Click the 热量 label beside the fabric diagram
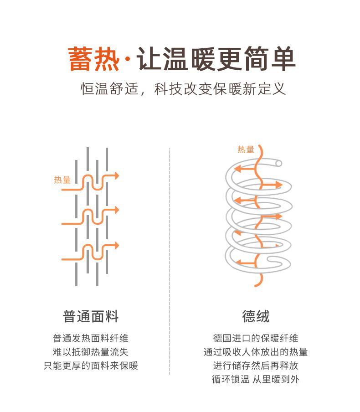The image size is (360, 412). click(62, 180)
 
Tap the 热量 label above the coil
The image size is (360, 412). click(246, 149)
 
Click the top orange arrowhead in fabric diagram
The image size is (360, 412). click(116, 175)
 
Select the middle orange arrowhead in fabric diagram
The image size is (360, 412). click(116, 210)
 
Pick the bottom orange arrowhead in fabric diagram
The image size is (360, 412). click(116, 245)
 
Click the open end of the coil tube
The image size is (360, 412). click(278, 163)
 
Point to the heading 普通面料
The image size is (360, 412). click(91, 316)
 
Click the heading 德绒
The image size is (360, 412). click(256, 316)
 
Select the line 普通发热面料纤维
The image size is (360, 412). click(91, 339)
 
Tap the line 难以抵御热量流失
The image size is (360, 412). click(91, 352)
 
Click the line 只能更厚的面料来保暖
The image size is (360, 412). click(91, 366)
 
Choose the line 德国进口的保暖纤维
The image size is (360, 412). click(256, 339)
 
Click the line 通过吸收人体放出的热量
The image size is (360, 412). click(256, 352)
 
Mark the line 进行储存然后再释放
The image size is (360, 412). click(256, 366)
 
